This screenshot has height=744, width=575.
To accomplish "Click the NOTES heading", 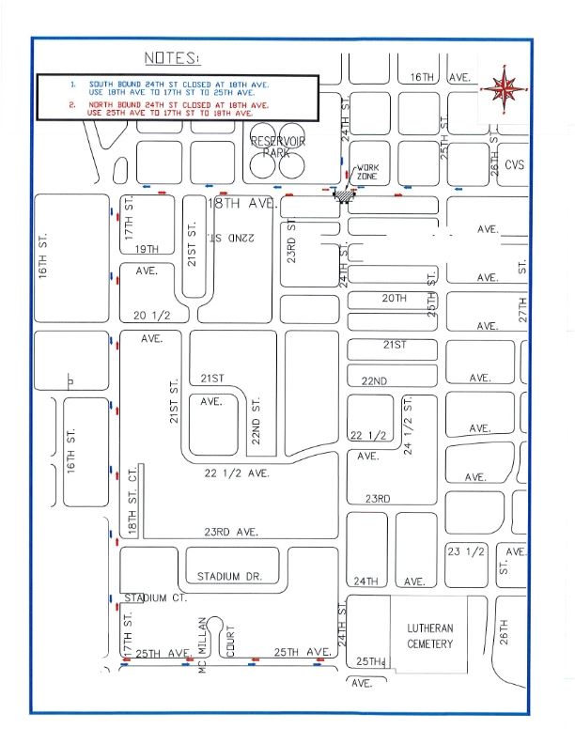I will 172,58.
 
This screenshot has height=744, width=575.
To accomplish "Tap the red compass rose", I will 505,88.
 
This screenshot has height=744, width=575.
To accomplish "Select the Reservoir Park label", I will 272,146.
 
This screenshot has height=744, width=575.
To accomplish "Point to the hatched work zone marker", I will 346,193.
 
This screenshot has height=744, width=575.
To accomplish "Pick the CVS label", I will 514,164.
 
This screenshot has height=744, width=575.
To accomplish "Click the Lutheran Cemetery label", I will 429,636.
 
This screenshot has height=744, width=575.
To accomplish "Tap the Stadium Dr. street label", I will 229,576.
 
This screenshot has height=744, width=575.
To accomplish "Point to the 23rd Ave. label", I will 231,532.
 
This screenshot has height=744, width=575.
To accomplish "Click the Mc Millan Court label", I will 215,648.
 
